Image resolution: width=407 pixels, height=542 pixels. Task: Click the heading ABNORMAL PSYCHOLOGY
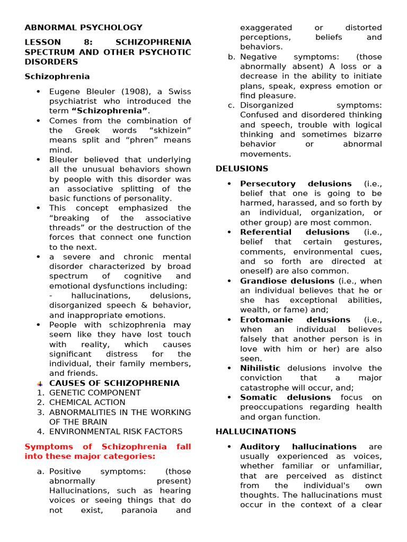pos(83,28)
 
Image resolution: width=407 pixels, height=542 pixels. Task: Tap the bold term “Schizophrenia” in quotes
pos(110,111)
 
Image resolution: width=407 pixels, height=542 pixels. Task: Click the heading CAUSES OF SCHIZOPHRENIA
pos(114,383)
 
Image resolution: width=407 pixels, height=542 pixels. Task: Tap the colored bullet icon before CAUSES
pos(40,383)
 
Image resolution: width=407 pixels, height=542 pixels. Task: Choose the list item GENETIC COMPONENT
pos(95,393)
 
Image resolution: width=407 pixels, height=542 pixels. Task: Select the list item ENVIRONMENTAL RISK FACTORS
pos(116,431)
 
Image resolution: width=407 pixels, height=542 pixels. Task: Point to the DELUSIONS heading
pos(242,169)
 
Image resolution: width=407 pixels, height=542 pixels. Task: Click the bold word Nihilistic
pos(260,368)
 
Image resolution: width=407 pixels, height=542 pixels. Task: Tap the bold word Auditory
pos(259,447)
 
